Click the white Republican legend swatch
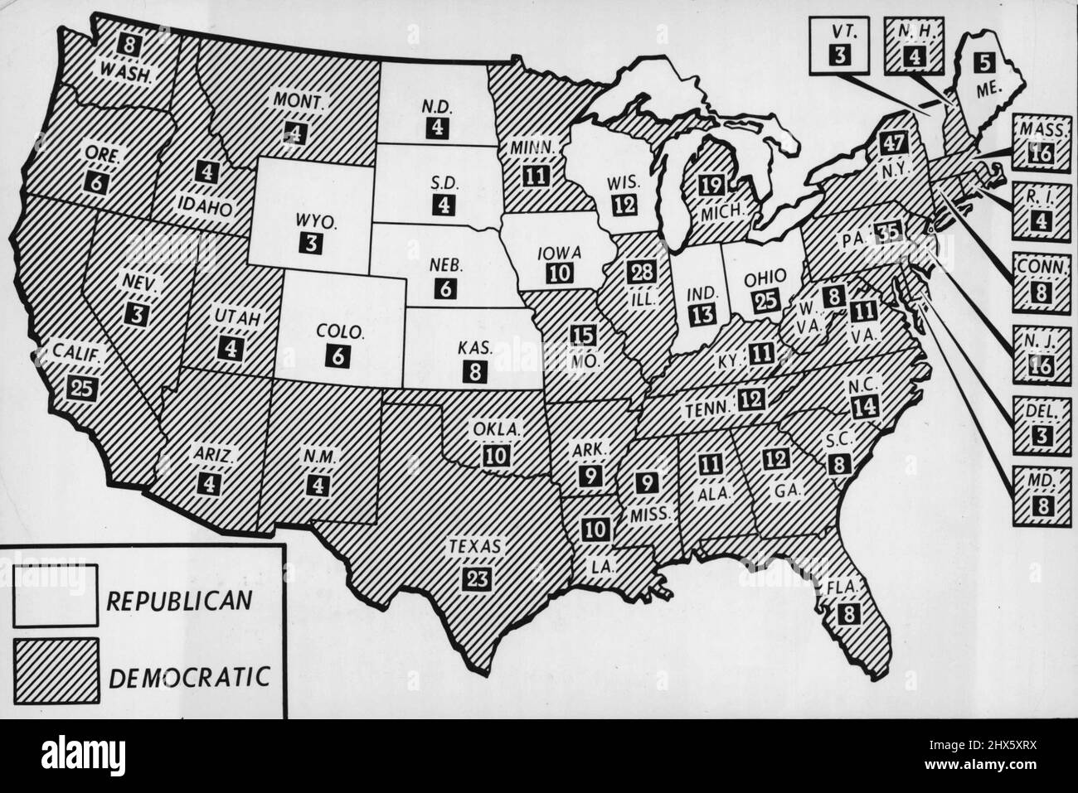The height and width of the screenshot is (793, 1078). click(x=56, y=593)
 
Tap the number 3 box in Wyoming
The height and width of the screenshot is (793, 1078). click(x=307, y=242)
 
